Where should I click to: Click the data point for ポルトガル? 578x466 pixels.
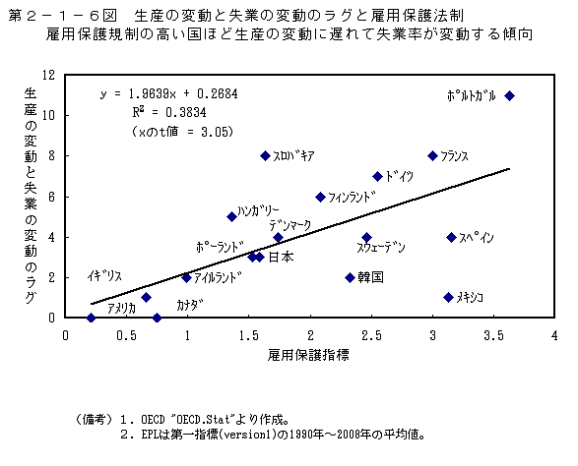[x=509, y=95]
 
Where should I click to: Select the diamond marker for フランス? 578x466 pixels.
[x=432, y=155]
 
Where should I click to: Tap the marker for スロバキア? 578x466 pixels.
[x=265, y=155]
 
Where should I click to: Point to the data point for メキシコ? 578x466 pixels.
[x=448, y=297]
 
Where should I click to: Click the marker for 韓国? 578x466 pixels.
[x=350, y=277]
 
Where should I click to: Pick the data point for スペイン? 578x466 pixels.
[x=451, y=237]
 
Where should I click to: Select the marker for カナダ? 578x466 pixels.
[x=158, y=318]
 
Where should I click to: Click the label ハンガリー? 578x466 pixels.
[x=259, y=210]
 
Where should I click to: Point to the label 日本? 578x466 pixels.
[x=281, y=258]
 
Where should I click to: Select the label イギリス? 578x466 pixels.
[x=104, y=276]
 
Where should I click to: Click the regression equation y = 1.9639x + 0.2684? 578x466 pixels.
[x=168, y=93]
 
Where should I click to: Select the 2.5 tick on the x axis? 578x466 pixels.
[x=372, y=334]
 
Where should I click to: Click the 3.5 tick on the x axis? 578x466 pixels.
[x=494, y=334]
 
